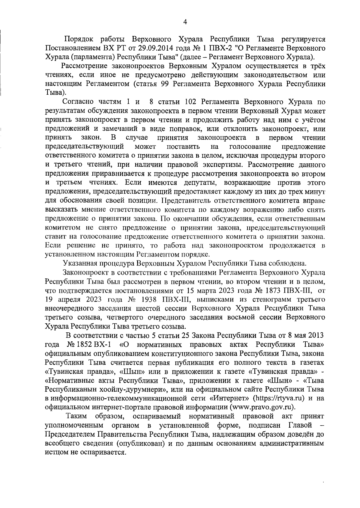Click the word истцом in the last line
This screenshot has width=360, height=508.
(x=57, y=452)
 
